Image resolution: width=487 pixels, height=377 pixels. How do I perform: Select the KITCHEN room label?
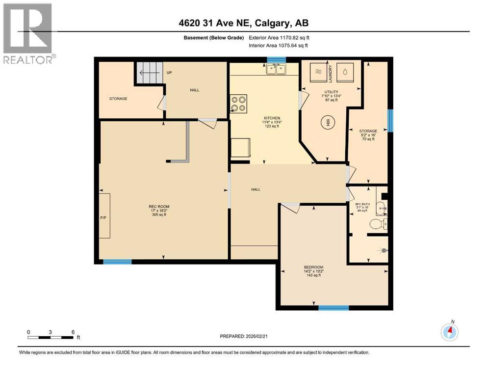(272, 118)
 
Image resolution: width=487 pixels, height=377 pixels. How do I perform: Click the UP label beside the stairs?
(169, 73)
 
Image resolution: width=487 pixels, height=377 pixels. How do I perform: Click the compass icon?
(449, 332)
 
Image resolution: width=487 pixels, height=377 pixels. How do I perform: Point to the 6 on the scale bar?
(73, 332)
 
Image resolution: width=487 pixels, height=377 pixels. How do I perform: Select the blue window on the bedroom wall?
(333, 308)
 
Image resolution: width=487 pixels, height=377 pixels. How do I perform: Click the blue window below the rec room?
(117, 262)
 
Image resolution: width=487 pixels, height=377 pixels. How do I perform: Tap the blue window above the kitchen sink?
(276, 60)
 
